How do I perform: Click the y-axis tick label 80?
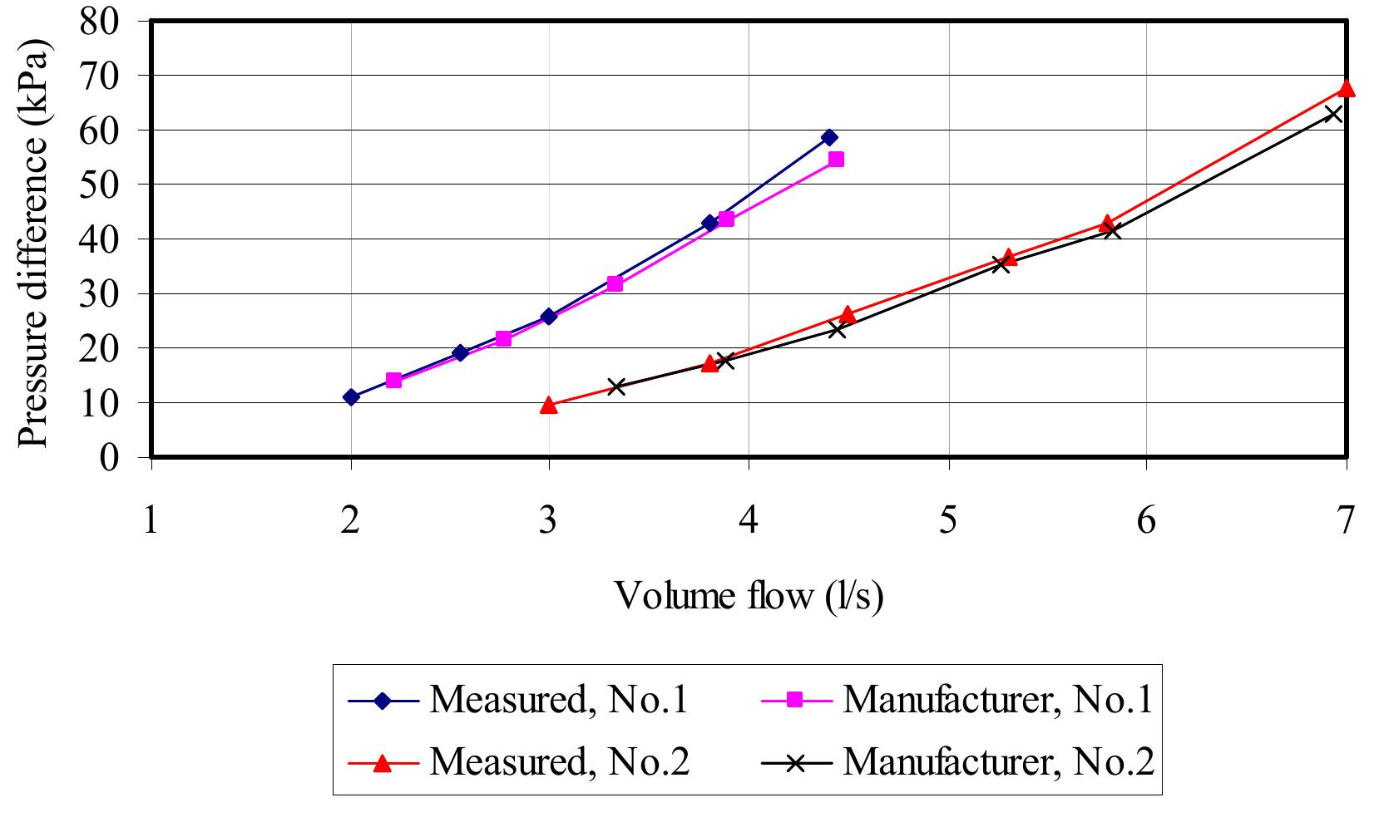[101, 20]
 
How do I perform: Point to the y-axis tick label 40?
[101, 239]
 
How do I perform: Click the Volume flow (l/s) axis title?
[748, 595]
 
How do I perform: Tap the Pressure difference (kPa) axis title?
[34, 241]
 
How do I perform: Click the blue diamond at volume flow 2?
[351, 397]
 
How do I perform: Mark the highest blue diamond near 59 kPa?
[828, 137]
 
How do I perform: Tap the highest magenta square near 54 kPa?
[836, 159]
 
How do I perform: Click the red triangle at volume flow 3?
[548, 406]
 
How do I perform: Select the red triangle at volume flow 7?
[1346, 89]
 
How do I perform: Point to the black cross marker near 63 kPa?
[1332, 114]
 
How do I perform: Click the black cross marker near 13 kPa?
[615, 386]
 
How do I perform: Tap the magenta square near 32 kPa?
[614, 283]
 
